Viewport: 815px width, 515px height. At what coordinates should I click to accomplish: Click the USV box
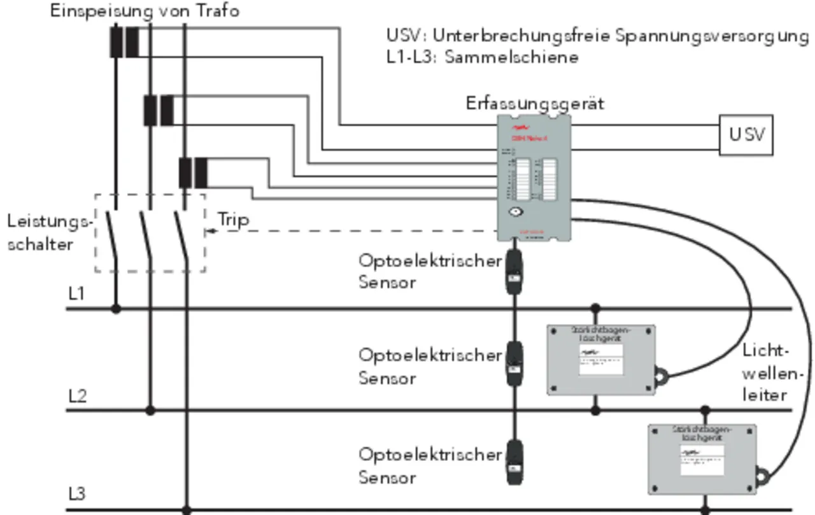746,135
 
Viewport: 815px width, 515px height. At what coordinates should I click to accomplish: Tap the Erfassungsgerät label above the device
535,103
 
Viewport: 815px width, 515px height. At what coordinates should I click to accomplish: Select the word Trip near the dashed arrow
233,220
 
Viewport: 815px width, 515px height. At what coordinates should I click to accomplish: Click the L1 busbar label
76,293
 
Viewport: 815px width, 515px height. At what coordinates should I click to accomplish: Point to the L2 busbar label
77,395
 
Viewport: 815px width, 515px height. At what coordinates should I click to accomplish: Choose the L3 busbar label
77,494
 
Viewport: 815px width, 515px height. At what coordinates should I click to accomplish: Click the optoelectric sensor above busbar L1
514,272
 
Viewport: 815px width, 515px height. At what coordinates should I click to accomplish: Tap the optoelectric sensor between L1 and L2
514,364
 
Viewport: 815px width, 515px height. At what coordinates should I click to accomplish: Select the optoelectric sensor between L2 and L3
514,462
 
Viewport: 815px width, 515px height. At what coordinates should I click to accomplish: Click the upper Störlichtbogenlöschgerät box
601,360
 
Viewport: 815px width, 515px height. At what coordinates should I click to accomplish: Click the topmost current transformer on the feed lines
124,42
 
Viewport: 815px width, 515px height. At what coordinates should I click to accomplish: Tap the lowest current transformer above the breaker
193,173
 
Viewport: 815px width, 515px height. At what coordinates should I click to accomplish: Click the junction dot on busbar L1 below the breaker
116,309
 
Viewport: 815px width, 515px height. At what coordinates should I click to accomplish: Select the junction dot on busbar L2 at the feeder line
150,411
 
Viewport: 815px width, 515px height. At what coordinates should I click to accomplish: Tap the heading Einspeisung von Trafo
145,11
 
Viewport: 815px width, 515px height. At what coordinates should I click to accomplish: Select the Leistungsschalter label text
50,233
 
